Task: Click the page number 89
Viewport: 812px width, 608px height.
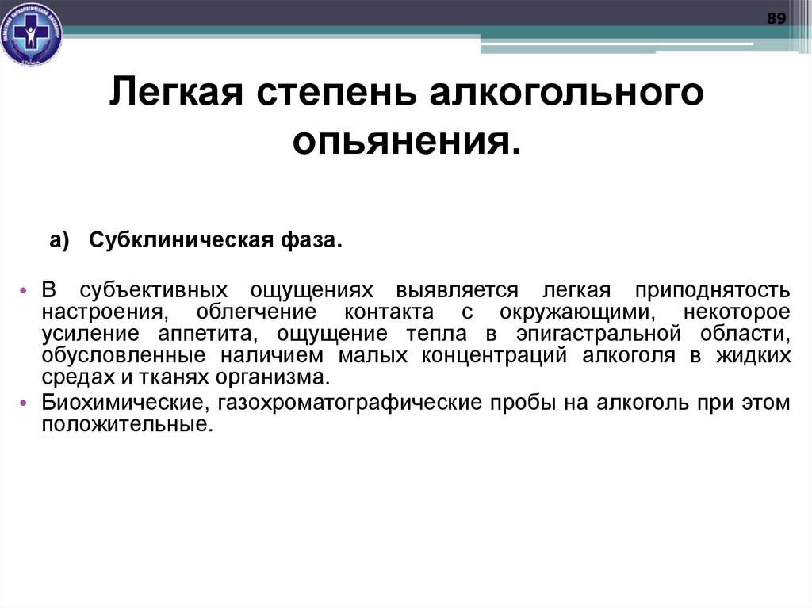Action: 776,19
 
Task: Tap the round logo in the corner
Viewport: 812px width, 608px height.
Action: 31,34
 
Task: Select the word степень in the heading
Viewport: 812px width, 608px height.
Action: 339,94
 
